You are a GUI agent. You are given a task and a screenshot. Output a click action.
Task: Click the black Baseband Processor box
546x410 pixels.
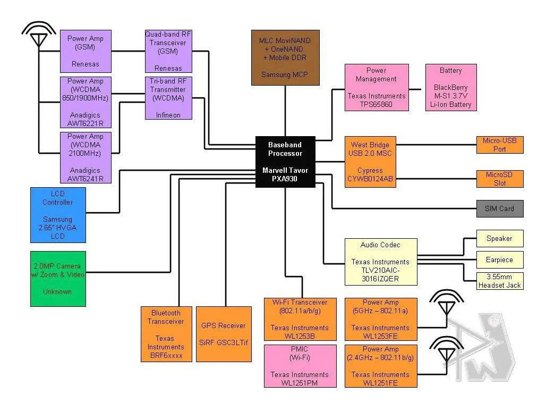(x=285, y=162)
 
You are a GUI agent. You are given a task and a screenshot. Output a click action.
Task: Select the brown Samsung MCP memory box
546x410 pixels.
(x=285, y=57)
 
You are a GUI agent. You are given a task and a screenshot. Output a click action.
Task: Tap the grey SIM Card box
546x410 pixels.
(x=499, y=208)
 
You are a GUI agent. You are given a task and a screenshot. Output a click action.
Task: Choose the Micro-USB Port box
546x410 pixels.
(x=499, y=145)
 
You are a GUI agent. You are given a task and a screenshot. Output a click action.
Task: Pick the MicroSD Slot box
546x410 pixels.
(x=499, y=179)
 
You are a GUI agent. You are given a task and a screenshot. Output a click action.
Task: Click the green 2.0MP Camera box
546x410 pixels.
(x=58, y=279)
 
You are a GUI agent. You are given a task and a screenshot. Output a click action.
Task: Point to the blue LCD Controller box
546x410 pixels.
(x=58, y=215)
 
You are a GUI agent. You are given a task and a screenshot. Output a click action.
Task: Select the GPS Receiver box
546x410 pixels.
(x=224, y=334)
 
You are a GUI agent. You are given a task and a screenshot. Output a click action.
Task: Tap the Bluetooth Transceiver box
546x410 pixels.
(x=166, y=334)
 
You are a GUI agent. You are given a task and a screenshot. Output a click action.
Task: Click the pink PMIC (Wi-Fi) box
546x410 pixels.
(x=300, y=366)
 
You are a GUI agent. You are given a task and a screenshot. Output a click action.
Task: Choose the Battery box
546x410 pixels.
(x=451, y=87)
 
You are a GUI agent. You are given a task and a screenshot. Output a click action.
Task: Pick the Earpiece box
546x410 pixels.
(x=499, y=260)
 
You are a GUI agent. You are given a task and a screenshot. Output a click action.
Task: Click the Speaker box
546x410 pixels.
(x=499, y=238)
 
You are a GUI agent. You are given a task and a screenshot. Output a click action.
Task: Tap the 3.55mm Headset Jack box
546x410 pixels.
(x=499, y=281)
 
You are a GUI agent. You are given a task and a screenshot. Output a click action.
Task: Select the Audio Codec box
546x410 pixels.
(x=380, y=262)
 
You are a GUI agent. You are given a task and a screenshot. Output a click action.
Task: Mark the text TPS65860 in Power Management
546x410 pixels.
(x=377, y=105)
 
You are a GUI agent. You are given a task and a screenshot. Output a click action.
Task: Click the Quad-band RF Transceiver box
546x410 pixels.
(x=168, y=51)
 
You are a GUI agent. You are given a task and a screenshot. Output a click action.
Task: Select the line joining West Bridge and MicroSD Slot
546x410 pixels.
(x=436, y=179)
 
